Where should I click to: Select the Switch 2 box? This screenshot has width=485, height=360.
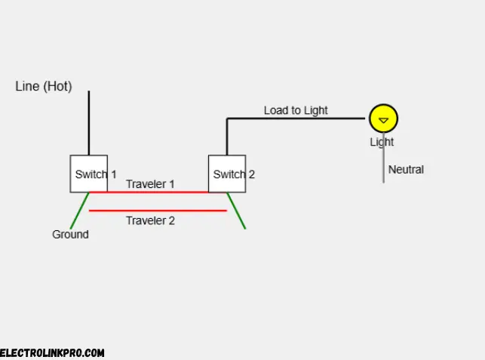pyautogui.click(x=227, y=174)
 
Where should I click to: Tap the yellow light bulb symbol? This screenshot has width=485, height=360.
pyautogui.click(x=383, y=118)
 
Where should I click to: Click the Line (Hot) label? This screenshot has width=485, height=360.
pyautogui.click(x=44, y=86)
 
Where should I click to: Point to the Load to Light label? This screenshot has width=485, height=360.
pyautogui.click(x=296, y=110)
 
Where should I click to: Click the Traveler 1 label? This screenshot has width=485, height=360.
pyautogui.click(x=150, y=184)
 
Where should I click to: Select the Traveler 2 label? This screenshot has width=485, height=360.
pyautogui.click(x=150, y=220)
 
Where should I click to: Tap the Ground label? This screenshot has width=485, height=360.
pyautogui.click(x=70, y=235)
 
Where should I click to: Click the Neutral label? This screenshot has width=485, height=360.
pyautogui.click(x=406, y=170)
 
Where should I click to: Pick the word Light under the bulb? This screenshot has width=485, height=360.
pyautogui.click(x=382, y=142)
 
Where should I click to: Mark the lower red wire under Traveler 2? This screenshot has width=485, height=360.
pyautogui.click(x=158, y=211)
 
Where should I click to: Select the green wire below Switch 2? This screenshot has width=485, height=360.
pyautogui.click(x=238, y=211)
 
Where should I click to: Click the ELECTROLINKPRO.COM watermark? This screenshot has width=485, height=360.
pyautogui.click(x=52, y=352)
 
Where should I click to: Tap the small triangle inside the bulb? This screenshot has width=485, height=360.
pyautogui.click(x=383, y=120)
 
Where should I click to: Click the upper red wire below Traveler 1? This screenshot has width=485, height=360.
pyautogui.click(x=158, y=192)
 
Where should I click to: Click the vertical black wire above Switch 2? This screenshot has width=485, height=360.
pyautogui.click(x=227, y=137)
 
